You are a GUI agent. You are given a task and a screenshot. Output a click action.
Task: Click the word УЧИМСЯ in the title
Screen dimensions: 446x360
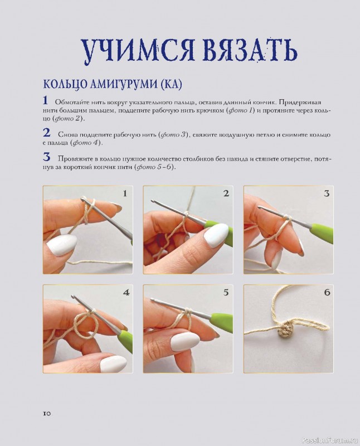(133, 51)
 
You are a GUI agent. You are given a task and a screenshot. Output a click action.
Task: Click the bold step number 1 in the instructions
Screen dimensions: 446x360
(46, 101)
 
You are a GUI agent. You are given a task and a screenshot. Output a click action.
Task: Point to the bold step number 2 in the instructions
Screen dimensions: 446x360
(46, 133)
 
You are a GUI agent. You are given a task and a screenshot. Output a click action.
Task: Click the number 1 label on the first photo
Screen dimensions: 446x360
(125, 193)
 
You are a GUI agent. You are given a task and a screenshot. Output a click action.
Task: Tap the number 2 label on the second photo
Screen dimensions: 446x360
(226, 193)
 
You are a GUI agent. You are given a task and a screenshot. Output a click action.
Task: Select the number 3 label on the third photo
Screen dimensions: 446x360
(327, 193)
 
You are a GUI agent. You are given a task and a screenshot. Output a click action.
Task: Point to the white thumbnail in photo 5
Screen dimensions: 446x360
(184, 341)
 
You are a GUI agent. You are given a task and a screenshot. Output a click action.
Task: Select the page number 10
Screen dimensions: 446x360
(47, 413)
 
